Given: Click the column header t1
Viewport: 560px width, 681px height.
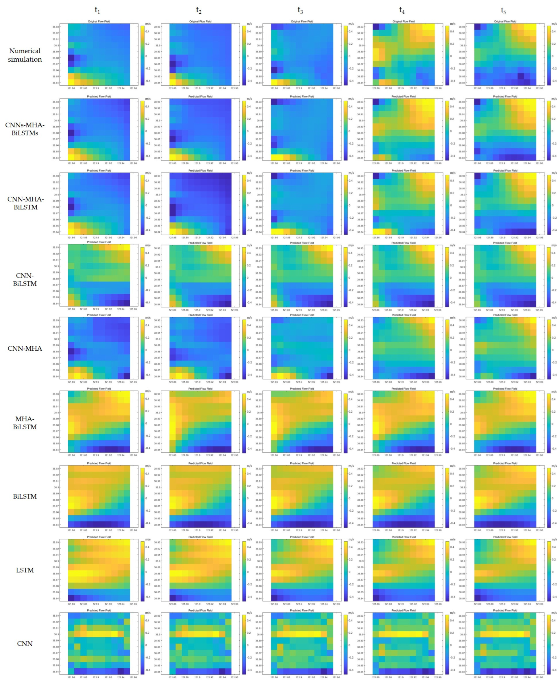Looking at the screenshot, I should (97, 10).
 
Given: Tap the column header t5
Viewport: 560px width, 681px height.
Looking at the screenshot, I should (503, 10).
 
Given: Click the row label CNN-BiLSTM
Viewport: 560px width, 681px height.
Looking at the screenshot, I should (25, 280).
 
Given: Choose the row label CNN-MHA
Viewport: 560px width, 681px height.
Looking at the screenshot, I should (25, 348).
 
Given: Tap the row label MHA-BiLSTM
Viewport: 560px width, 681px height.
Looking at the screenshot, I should (25, 423).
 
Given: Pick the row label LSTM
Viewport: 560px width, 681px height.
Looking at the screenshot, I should (25, 570).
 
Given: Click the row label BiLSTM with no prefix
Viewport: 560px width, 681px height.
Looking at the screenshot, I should (25, 496).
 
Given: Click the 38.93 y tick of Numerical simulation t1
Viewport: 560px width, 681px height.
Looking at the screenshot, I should (56, 27).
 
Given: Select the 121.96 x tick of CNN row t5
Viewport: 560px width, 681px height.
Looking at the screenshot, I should (539, 677).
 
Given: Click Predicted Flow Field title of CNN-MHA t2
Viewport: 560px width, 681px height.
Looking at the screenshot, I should (200, 315).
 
